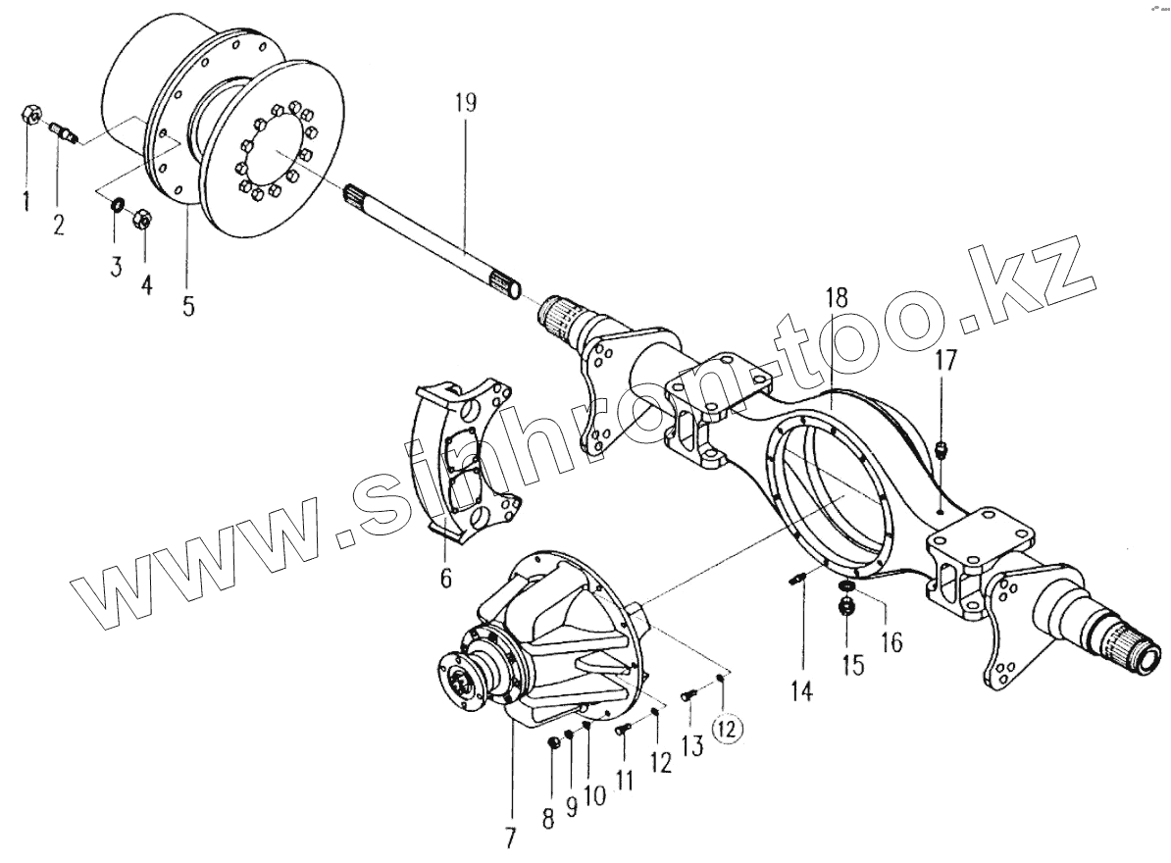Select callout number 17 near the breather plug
tap(943, 360)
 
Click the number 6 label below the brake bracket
tap(445, 579)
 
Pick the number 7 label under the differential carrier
tap(509, 839)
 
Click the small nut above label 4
tap(140, 220)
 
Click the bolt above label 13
tap(688, 696)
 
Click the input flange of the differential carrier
tap(463, 676)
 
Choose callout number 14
tap(802, 691)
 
